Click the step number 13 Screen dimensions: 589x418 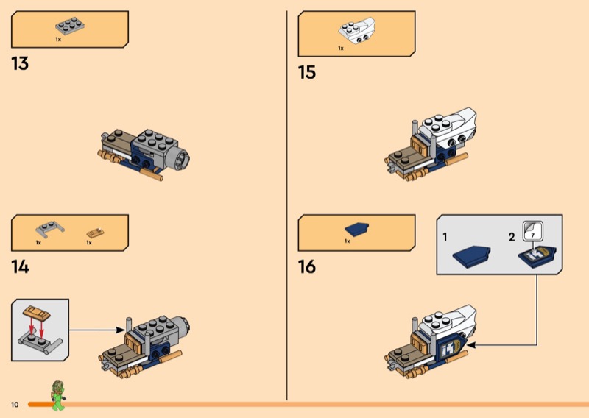coord(20,63)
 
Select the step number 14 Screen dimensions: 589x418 coord(21,267)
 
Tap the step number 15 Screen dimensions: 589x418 coord(307,72)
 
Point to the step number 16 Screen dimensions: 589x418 coord(307,266)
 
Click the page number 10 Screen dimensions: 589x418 coord(15,405)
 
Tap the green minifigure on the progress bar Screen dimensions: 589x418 coord(58,395)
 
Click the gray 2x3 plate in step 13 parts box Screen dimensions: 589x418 coord(70,26)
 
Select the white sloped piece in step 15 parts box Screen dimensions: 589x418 coord(356,30)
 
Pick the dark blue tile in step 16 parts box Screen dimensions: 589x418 coord(356,230)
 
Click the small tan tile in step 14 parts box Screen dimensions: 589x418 coord(95,233)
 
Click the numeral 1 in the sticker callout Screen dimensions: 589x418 coord(445,238)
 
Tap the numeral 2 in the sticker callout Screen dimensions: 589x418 coord(512,238)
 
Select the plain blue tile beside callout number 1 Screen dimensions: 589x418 coord(471,257)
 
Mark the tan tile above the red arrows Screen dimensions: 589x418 coord(37,313)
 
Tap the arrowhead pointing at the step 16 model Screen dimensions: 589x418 coord(471,344)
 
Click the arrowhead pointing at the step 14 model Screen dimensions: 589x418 coord(120,330)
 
